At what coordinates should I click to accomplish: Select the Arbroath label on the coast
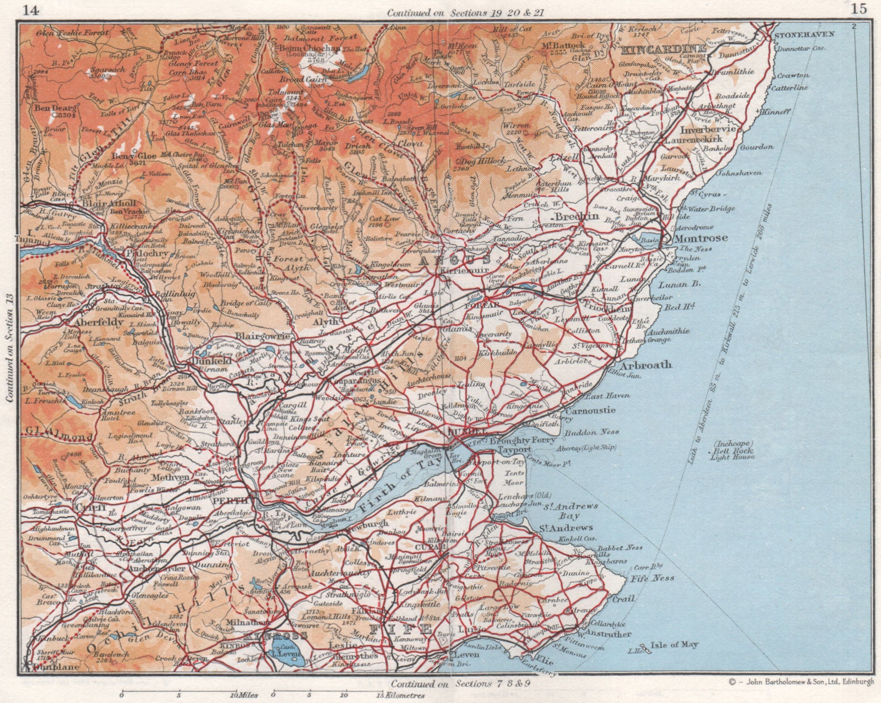pos(646,364)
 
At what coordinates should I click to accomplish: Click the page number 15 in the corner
pos(858,8)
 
